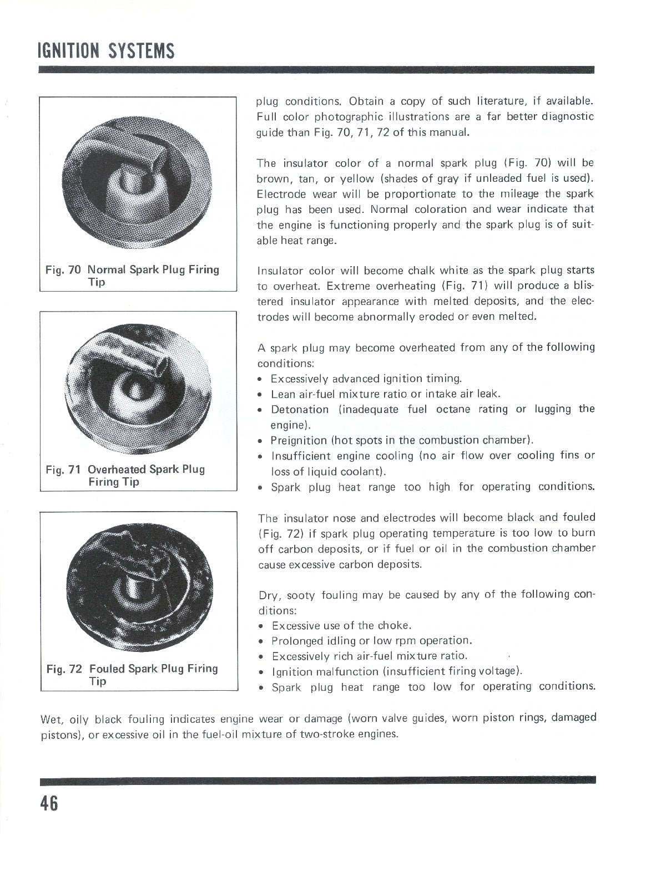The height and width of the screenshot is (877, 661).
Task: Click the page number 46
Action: (x=48, y=804)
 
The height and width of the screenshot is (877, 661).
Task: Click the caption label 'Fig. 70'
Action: (x=63, y=270)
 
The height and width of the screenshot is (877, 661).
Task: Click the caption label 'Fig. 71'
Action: (x=63, y=470)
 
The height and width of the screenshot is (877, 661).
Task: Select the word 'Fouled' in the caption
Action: (x=107, y=669)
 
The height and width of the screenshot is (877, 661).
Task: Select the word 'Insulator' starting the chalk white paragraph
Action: (x=280, y=271)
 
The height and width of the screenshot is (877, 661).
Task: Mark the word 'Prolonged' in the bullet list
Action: (x=297, y=641)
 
